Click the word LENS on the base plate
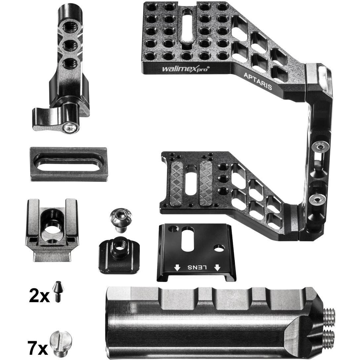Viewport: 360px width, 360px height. pos(197,267)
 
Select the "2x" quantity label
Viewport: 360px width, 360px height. pos(39,296)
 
